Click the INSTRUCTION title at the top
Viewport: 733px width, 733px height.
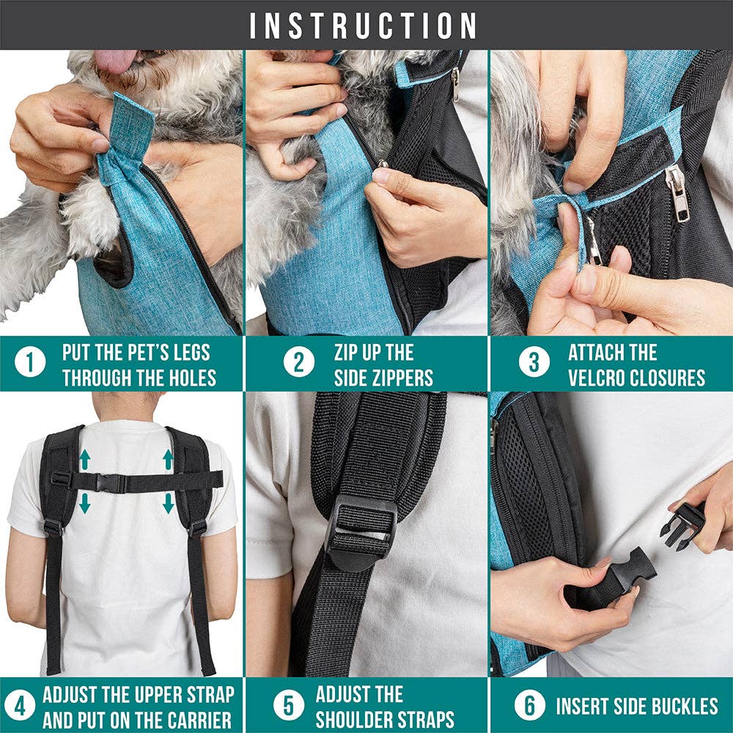pos(364,25)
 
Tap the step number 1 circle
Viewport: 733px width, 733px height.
pos(29,364)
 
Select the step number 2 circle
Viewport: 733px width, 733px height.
pos(299,364)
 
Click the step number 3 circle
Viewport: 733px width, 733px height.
pos(534,364)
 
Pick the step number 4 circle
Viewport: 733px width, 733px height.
pos(23,706)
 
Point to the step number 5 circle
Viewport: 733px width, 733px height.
pos(290,706)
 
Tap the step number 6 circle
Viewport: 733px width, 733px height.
pos(529,706)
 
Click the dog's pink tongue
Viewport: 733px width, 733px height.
pos(118,60)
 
